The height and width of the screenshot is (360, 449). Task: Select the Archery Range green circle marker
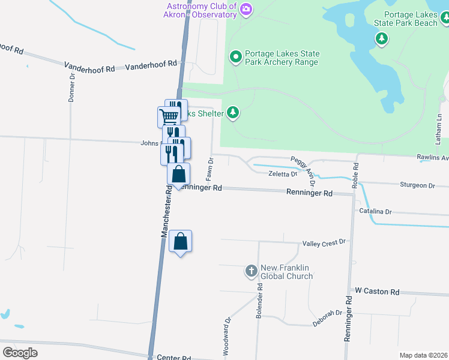pyautogui.click(x=236, y=58)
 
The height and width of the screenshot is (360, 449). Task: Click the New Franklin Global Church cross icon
pyautogui.click(x=252, y=272)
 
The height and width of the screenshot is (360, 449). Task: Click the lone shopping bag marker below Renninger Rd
pyautogui.click(x=180, y=242)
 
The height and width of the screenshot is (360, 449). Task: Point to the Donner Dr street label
pyautogui.click(x=71, y=88)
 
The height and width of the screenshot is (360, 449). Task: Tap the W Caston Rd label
pyautogui.click(x=377, y=292)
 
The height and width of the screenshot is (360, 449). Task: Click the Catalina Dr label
pyautogui.click(x=375, y=212)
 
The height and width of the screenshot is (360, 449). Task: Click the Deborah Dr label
pyautogui.click(x=327, y=318)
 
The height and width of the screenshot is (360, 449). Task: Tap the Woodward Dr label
pyautogui.click(x=227, y=337)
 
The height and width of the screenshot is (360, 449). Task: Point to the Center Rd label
pyautogui.click(x=173, y=357)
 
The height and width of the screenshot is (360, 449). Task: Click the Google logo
pyautogui.click(x=20, y=352)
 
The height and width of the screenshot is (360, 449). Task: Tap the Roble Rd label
pyautogui.click(x=355, y=175)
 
